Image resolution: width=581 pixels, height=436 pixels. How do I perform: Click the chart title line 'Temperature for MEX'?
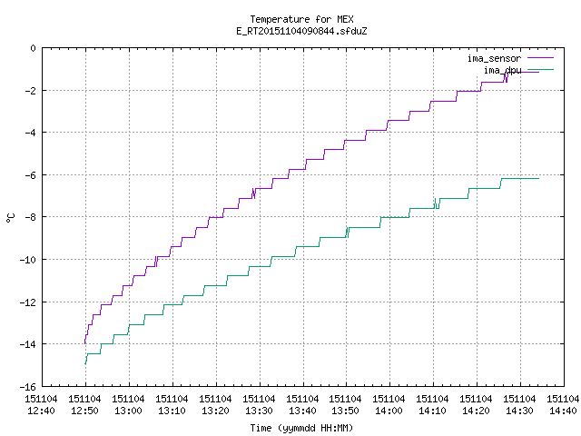point(301,19)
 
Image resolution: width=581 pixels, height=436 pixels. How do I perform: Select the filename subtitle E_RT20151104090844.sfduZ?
point(301,31)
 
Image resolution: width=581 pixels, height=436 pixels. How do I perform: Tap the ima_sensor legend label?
point(494,58)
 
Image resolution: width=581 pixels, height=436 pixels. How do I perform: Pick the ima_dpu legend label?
point(502,70)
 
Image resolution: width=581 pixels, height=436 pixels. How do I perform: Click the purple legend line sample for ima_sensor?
point(540,58)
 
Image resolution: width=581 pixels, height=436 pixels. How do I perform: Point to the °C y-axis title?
point(10,218)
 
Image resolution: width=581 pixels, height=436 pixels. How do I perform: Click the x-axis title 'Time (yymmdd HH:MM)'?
point(301,428)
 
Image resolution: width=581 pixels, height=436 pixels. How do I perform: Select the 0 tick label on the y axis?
point(34,48)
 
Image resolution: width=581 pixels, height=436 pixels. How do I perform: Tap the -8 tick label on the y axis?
point(30,217)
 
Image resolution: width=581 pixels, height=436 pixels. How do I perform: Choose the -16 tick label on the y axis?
point(28,387)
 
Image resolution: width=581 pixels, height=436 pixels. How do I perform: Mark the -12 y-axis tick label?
point(28,302)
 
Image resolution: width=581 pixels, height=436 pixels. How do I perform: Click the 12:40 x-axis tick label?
point(41,411)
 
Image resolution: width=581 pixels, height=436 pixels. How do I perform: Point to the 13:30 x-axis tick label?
point(259,411)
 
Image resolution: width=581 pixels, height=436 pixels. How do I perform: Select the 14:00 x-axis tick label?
point(389,411)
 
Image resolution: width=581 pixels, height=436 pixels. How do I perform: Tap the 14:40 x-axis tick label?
point(564,411)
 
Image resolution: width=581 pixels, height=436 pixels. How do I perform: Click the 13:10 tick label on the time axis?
point(172,411)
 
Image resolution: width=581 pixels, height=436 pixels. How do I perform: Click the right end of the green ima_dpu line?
point(538,179)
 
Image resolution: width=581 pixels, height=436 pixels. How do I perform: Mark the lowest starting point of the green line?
point(85,364)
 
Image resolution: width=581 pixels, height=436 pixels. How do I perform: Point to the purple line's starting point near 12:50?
point(85,343)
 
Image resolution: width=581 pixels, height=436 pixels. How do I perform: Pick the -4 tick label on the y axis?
point(30,133)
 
